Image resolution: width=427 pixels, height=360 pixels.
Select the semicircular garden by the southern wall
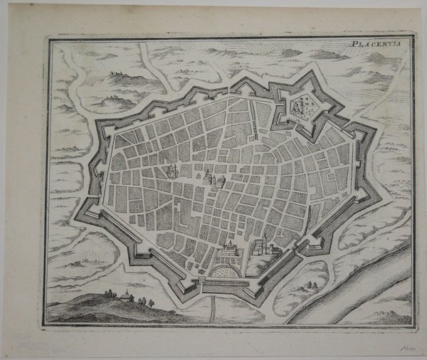(x=223, y=270)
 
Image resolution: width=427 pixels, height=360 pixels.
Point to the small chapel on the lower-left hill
(x=125, y=295)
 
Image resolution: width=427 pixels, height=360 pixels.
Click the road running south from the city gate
(x=214, y=306)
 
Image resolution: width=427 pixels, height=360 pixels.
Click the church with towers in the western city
(x=172, y=170)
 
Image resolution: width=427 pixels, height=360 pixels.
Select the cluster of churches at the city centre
(x=211, y=176)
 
